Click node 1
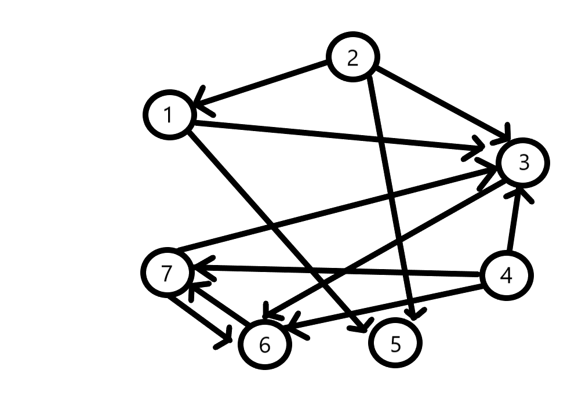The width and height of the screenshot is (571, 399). [168, 115]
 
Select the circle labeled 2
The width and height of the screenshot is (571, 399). [353, 58]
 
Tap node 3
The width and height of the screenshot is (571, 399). [523, 163]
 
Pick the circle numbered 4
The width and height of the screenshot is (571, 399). [506, 275]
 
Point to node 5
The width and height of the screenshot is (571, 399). [395, 344]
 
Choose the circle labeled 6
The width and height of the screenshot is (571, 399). [265, 345]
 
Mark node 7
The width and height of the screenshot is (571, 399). [167, 273]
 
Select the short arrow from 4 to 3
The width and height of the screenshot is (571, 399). [515, 220]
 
